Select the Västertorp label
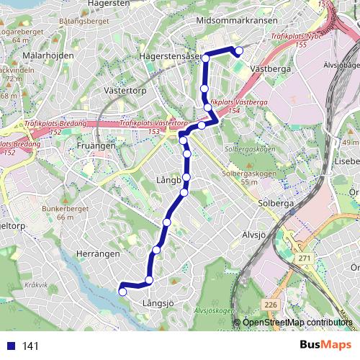coord(125,92)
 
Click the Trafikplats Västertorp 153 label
coord(150,127)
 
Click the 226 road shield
coord(271,305)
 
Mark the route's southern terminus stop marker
coord(122,292)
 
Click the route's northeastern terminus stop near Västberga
coord(238,51)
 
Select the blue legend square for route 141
coord(10,346)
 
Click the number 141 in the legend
coord(31,346)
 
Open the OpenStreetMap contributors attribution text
coord(297,323)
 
